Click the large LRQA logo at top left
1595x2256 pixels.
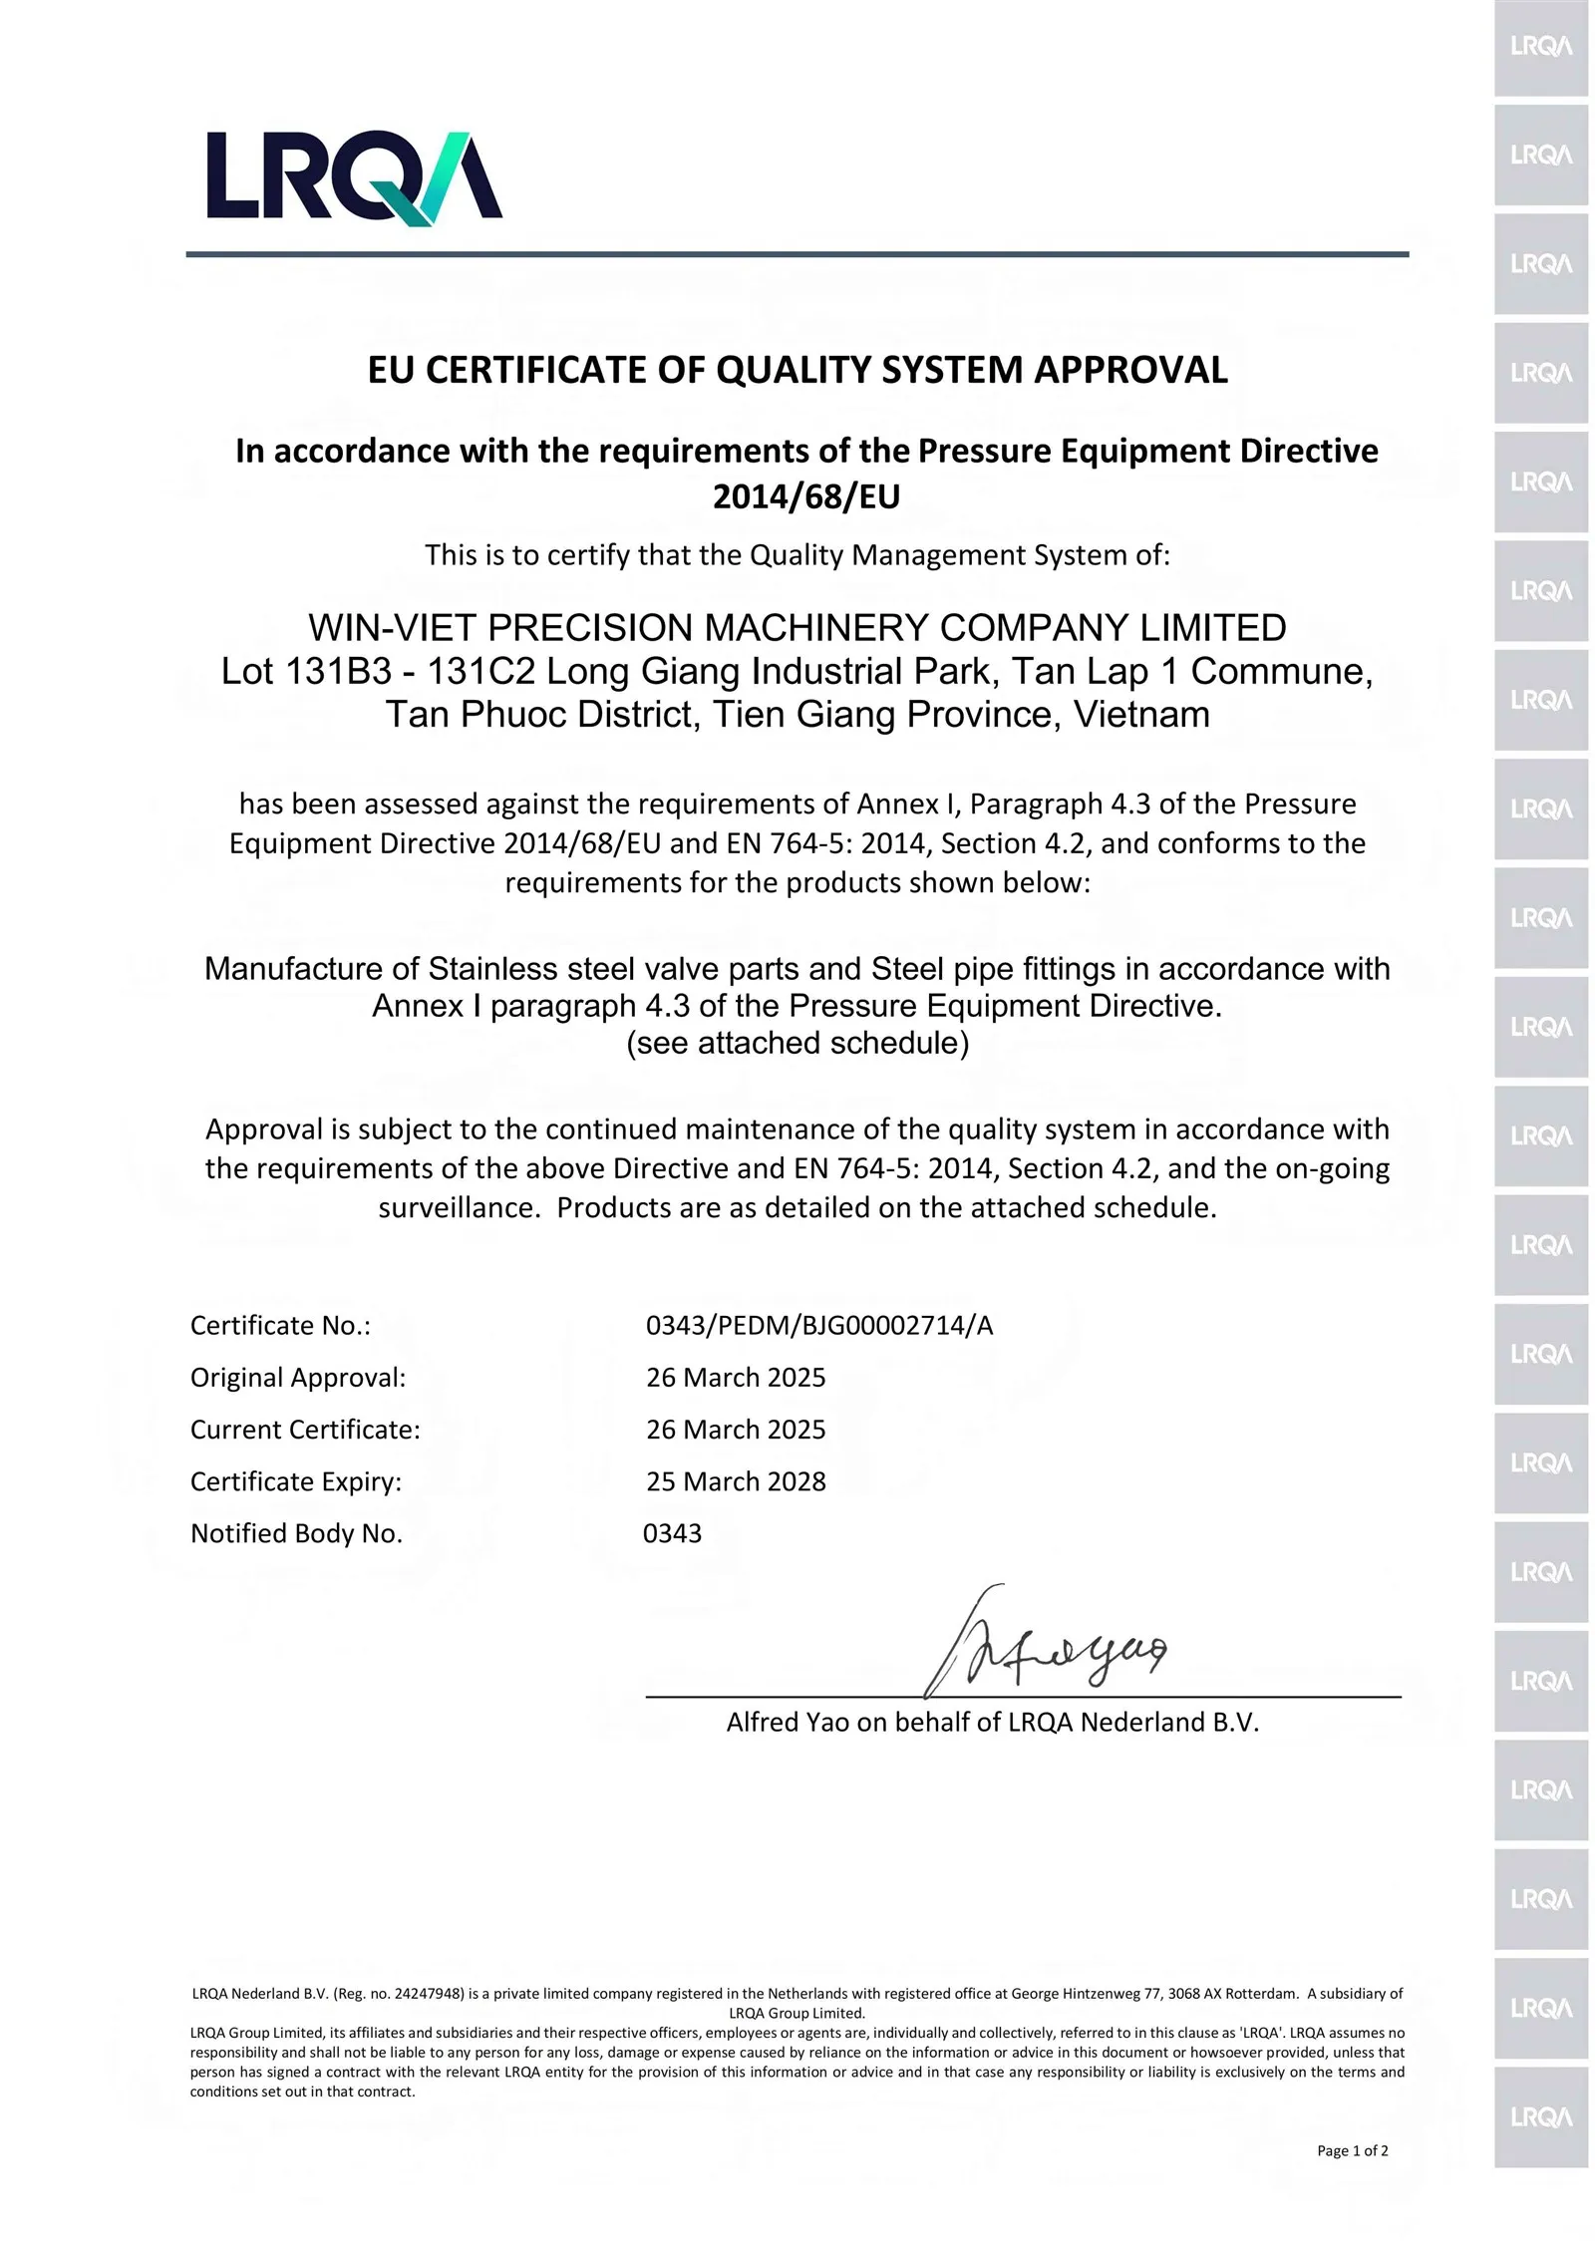[x=354, y=175]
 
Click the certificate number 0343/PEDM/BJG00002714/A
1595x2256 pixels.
[x=819, y=1326]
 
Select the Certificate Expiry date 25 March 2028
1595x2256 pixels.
[x=736, y=1481]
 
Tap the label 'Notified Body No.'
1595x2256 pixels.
[x=296, y=1533]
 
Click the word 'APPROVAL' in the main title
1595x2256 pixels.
[x=1130, y=370]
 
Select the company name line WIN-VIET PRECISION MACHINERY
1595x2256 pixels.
[x=797, y=628]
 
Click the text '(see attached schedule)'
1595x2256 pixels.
[x=797, y=1043]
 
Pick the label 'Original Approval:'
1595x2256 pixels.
[x=298, y=1378]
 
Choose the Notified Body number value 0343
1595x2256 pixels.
[x=672, y=1533]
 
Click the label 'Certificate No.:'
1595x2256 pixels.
[x=280, y=1326]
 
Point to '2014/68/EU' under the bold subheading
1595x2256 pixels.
[x=805, y=496]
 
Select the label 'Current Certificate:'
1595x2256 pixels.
[x=305, y=1430]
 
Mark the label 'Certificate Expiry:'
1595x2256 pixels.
[x=296, y=1481]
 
